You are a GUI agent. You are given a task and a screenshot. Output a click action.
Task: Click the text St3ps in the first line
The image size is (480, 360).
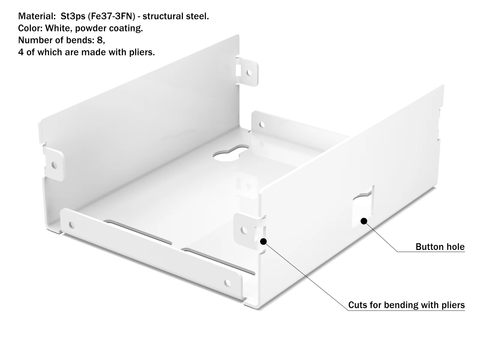73,16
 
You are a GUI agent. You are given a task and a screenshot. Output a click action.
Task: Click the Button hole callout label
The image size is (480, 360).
440,247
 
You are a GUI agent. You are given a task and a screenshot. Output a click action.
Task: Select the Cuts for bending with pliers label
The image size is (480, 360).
406,305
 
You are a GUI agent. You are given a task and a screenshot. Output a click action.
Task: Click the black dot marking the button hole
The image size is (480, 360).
364,221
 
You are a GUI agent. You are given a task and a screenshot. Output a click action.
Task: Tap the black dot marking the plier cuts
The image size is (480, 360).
263,241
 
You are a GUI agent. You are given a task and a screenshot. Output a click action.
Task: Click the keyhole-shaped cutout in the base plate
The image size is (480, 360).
230,153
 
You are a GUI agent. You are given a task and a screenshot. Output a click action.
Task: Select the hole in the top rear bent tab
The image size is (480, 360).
249,73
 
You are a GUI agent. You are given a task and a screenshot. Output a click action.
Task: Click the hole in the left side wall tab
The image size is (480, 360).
54,166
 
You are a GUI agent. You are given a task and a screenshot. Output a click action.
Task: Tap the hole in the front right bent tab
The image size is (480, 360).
244,230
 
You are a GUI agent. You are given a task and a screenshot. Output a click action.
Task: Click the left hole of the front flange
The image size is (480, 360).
71,225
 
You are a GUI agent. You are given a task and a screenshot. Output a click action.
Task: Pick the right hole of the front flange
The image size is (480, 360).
227,283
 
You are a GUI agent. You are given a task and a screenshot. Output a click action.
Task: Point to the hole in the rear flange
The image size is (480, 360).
262,125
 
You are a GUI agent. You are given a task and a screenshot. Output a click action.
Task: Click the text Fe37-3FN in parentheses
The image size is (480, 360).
112,16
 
